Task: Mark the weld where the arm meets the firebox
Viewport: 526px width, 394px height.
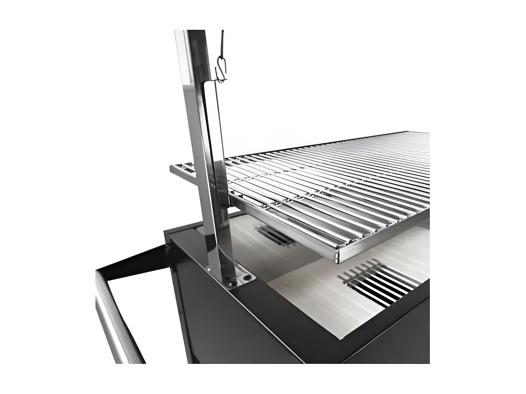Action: pyautogui.click(x=169, y=245)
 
